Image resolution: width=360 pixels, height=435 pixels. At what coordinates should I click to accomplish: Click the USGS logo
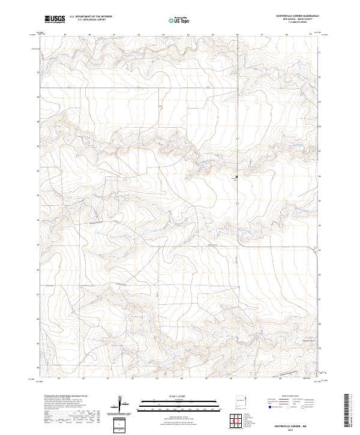point(55,19)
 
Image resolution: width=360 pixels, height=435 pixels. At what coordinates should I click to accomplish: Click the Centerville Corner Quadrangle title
point(292,16)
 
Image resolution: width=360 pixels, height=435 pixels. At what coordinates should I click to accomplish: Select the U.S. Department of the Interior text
point(91,16)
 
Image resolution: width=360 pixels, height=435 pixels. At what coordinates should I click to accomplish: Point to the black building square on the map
point(236,177)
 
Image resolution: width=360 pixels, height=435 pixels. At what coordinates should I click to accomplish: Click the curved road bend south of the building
point(240,241)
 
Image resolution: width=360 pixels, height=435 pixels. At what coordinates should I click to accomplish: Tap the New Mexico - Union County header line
point(292,19)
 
